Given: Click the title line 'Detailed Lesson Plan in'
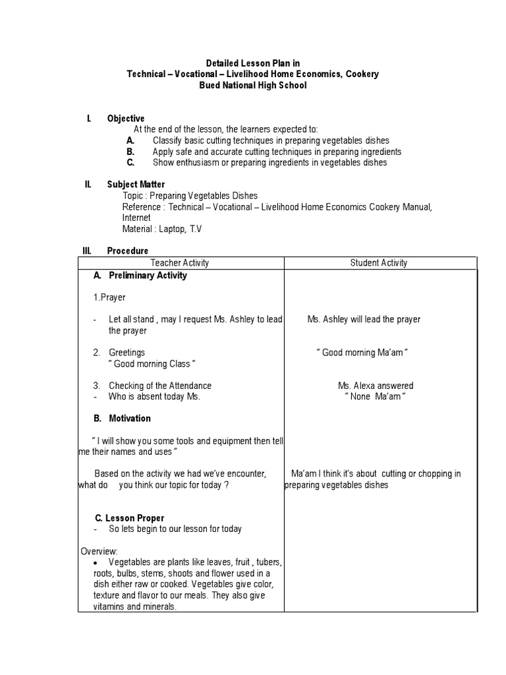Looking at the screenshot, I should [253, 63].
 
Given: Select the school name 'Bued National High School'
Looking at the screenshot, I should [253, 86].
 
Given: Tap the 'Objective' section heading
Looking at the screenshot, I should [126, 119].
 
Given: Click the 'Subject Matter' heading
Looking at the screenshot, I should [136, 185].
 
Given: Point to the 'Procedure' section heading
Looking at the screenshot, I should [128, 251].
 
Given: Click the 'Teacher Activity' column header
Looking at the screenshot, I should [180, 263].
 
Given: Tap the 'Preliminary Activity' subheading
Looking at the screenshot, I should [148, 276].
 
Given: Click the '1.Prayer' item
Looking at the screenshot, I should [109, 297].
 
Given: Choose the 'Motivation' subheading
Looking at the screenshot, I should [129, 419].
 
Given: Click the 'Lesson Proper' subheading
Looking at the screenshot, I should [134, 519].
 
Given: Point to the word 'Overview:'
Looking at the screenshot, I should [99, 551].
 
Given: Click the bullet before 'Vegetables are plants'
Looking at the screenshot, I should [96, 563].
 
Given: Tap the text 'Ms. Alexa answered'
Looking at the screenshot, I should [376, 386].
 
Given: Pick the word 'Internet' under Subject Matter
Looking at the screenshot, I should [136, 218].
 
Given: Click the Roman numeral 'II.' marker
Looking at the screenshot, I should [88, 185].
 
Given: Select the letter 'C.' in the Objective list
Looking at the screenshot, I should [131, 162].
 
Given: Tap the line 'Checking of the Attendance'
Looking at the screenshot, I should [160, 386].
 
